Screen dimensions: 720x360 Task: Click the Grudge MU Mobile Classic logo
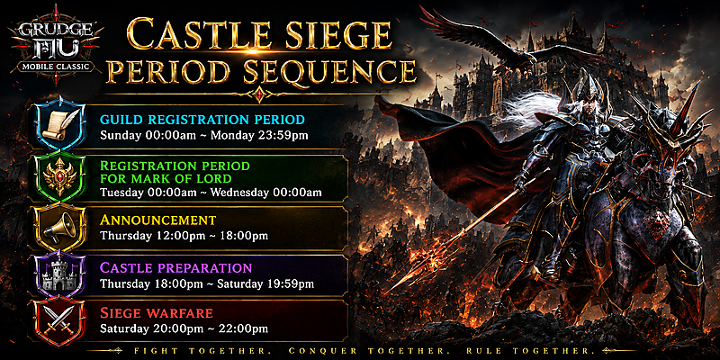56,44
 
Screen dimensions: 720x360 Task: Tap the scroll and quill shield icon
60,123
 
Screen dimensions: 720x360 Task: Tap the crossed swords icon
60,321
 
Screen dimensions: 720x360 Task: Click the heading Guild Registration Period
202,120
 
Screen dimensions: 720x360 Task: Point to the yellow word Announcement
158,220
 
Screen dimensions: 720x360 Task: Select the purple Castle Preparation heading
175,267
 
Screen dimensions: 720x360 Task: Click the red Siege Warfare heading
157,313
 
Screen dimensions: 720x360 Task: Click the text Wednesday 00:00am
265,193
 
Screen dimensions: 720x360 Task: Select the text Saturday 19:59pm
265,283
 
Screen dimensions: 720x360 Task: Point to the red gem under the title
260,94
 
